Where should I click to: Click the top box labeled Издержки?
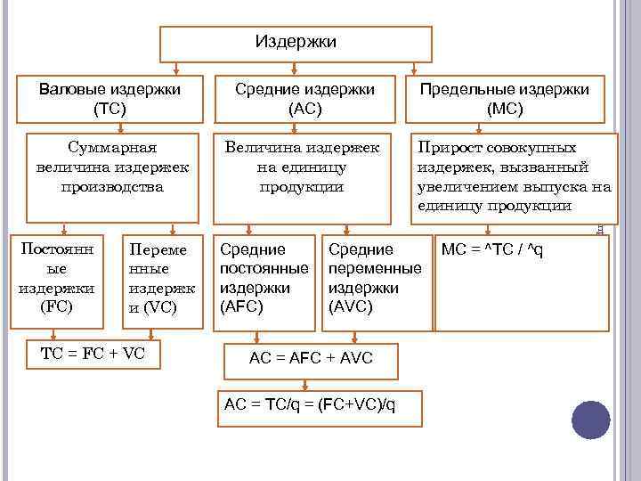(295, 43)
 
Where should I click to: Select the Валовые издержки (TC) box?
(110, 99)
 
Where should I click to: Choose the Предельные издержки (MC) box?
(505, 99)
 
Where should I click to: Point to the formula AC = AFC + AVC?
(311, 358)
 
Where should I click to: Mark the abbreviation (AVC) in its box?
(351, 307)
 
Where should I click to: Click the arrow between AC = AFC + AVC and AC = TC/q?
(305, 384)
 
